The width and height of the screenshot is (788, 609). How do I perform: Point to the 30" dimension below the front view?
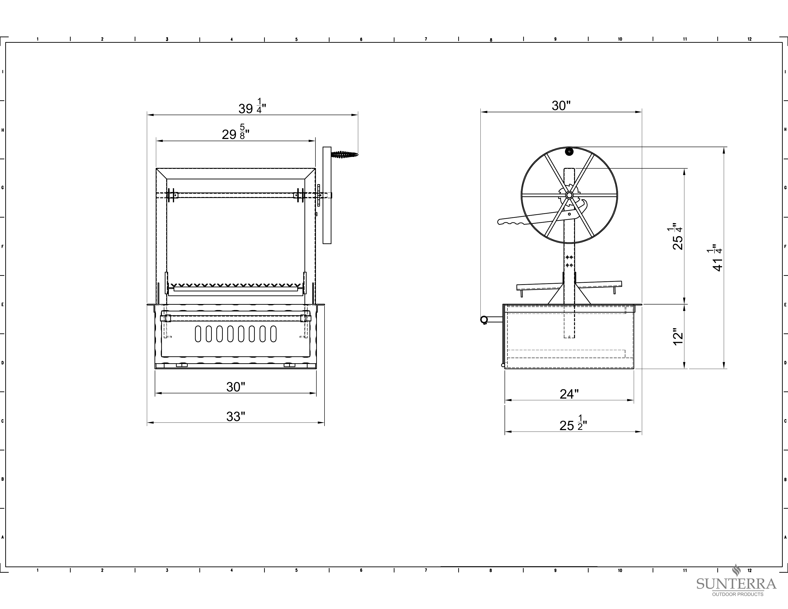(x=236, y=387)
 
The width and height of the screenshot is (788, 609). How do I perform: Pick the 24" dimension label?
(x=569, y=394)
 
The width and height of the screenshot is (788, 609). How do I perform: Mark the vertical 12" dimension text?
(x=678, y=336)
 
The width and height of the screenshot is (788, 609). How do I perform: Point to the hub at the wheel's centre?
(x=569, y=195)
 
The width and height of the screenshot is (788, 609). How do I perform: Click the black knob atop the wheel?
(x=569, y=151)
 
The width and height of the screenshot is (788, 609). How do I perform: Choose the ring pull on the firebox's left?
(x=484, y=320)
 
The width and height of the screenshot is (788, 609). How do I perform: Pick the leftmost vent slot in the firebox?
(x=198, y=334)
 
